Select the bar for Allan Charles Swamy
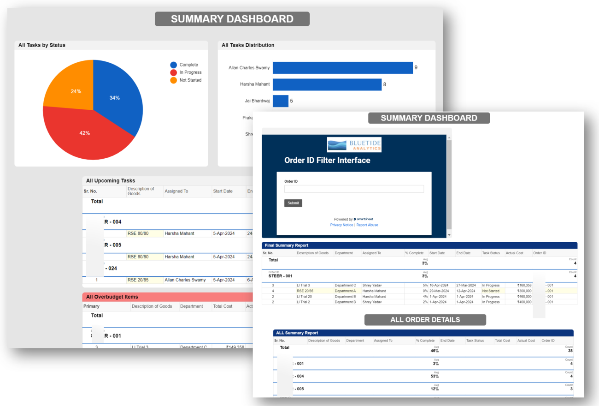click(342, 68)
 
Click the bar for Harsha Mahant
click(327, 84)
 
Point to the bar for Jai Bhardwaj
click(280, 101)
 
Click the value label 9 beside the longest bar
click(416, 68)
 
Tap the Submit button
click(293, 203)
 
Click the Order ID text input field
click(354, 189)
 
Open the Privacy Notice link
click(341, 225)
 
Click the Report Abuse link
click(367, 225)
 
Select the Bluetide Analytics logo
click(354, 144)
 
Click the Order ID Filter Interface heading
click(327, 161)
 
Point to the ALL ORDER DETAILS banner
click(425, 320)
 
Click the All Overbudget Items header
click(112, 297)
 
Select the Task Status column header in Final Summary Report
click(491, 253)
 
